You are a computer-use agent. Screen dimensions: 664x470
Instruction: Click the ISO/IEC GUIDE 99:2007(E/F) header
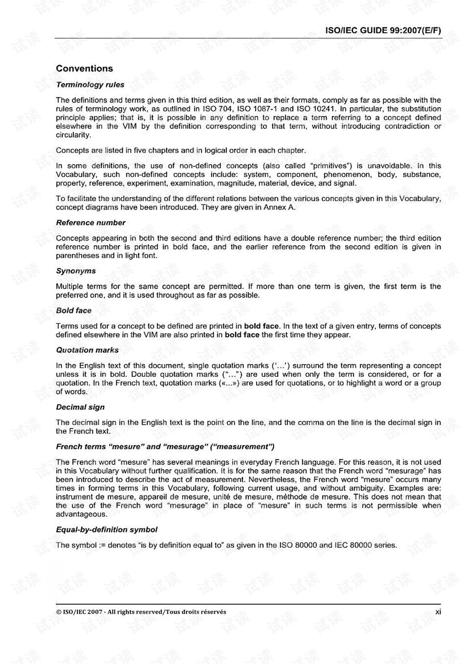click(x=383, y=30)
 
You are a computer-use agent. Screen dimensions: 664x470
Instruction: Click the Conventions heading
click(x=84, y=69)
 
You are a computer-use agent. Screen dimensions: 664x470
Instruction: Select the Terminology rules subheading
click(x=90, y=85)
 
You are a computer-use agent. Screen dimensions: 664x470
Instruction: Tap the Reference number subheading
click(x=91, y=223)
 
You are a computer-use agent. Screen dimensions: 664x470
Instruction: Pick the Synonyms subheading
click(x=76, y=271)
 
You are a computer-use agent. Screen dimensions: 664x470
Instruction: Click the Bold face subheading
click(x=73, y=311)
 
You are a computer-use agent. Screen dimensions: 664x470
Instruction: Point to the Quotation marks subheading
click(x=87, y=350)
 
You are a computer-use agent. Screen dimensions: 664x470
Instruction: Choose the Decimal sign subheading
click(x=80, y=407)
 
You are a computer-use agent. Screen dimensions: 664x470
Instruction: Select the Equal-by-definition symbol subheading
click(x=107, y=530)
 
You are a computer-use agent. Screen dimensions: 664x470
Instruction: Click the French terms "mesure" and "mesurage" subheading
click(x=165, y=447)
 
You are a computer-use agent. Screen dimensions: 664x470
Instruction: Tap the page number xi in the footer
click(x=438, y=612)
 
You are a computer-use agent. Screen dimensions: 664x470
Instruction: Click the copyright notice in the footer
click(x=141, y=612)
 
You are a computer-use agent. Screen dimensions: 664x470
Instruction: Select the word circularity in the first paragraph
click(x=73, y=135)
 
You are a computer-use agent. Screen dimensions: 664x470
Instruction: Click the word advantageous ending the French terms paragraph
click(x=81, y=514)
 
